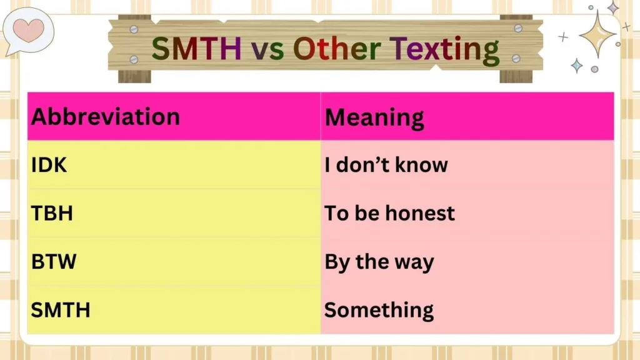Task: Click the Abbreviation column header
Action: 105,117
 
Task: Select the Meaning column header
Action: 374,117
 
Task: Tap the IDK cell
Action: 49,165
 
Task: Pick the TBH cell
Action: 52,213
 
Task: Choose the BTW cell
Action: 54,261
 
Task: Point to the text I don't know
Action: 386,165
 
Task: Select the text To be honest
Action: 389,213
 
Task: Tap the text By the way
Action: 379,261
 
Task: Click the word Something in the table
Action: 379,309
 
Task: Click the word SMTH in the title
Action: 196,49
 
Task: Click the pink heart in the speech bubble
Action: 28,29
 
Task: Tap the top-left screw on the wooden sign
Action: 133,29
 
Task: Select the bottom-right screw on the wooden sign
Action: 517,58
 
